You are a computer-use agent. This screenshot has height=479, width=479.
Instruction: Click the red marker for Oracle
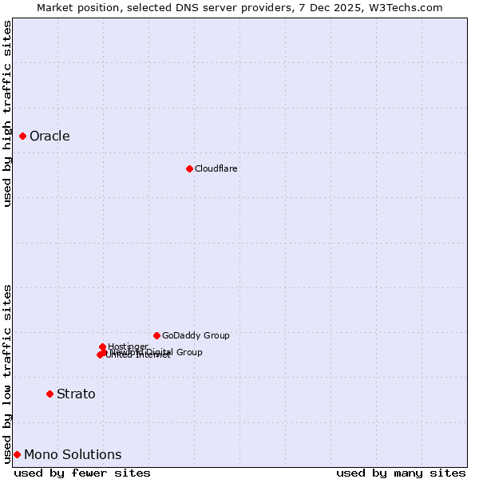point(23,136)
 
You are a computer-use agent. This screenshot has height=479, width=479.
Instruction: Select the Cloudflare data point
point(189,168)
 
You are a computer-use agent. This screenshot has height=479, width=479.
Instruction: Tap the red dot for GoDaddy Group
point(156,335)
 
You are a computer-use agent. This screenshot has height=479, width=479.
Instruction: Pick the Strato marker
point(49,394)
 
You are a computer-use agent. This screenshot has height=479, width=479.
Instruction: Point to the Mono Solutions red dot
point(17,454)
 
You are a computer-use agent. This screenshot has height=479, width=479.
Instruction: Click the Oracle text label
point(49,136)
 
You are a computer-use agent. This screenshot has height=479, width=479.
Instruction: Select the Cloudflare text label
point(216,168)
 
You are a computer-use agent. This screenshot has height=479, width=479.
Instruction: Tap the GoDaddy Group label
point(196,335)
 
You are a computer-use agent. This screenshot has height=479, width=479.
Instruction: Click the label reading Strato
point(76,394)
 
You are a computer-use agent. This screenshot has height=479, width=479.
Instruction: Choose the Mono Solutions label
point(73,454)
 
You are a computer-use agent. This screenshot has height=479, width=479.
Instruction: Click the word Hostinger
point(128,346)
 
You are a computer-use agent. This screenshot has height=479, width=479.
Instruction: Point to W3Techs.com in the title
point(409,7)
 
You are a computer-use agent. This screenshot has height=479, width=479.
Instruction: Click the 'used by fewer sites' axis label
point(82,473)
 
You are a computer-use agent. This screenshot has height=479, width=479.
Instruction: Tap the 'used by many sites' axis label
point(401,473)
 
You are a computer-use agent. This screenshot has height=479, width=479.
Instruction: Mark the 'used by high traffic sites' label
point(7,113)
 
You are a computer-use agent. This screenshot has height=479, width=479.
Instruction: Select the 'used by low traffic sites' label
point(7,374)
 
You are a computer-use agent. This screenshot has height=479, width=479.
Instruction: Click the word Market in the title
point(57,7)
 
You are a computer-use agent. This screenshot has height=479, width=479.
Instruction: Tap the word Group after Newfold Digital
point(188,352)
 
